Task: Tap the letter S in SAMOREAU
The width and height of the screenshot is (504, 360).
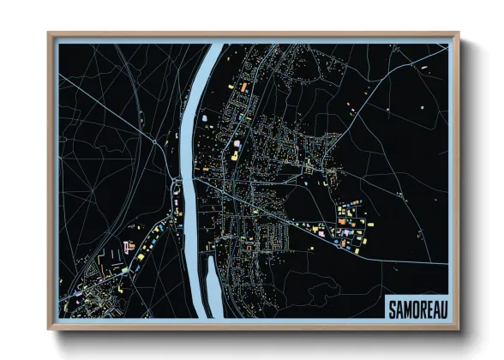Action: (392, 306)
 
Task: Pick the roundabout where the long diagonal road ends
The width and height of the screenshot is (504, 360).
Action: (155, 137)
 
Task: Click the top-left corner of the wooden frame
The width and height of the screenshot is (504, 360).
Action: (49, 33)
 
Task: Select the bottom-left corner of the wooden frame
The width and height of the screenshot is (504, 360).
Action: (49, 328)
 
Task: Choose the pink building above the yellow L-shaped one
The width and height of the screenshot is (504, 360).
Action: (238, 142)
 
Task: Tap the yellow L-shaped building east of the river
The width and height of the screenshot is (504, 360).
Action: (232, 156)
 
